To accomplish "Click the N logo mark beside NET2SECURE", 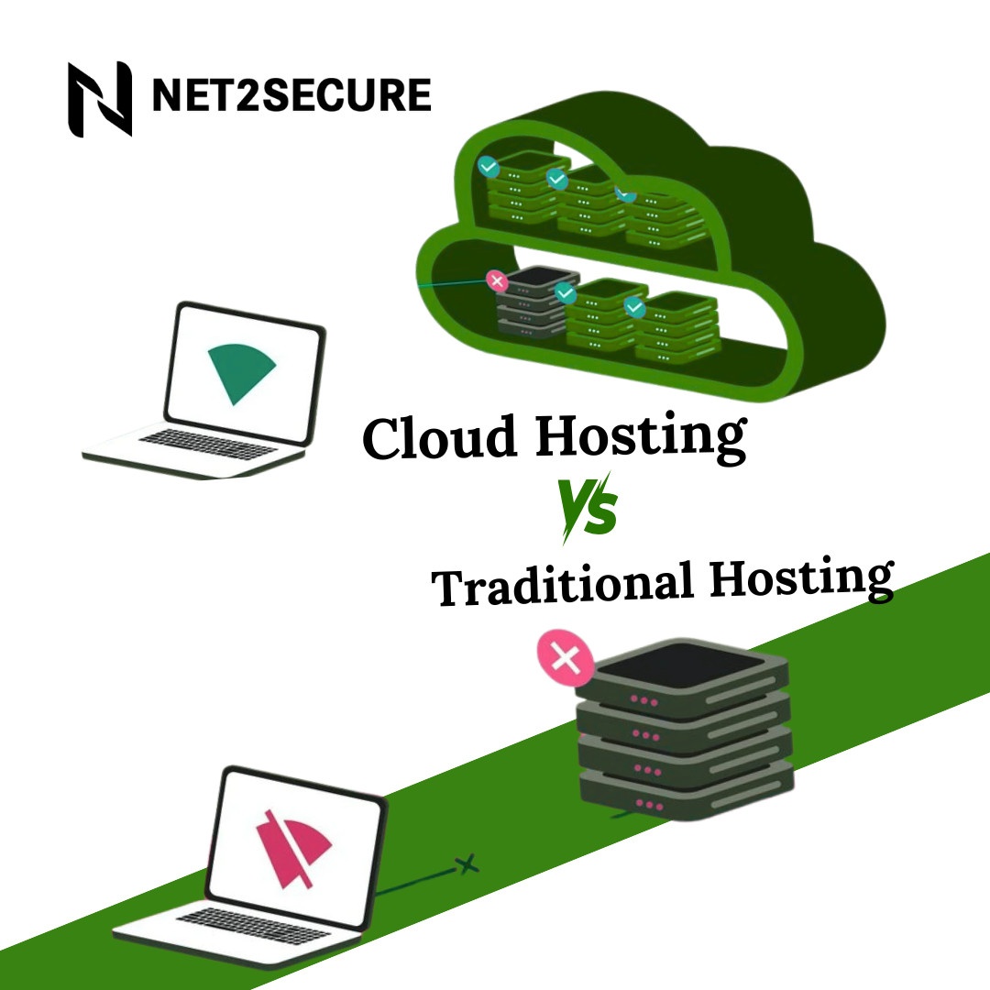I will [x=100, y=98].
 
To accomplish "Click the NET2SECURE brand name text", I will [x=291, y=96].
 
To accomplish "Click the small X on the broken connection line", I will [x=468, y=863].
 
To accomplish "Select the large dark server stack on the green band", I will [x=683, y=733].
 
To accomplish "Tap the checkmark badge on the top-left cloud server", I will [x=489, y=167].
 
